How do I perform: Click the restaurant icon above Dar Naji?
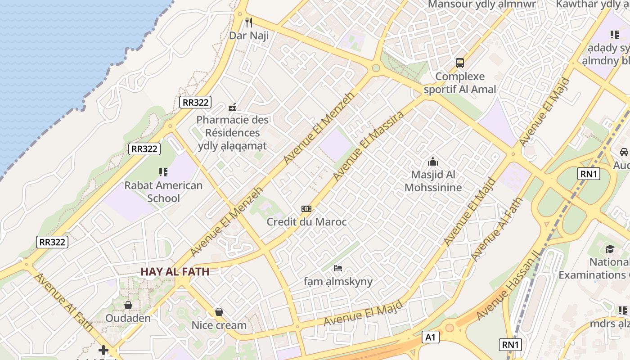[249, 22]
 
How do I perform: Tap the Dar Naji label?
[249, 36]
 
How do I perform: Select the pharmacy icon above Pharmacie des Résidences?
[232, 107]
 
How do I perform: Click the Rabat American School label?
[163, 192]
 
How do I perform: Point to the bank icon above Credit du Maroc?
[306, 209]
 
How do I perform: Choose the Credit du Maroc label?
[306, 222]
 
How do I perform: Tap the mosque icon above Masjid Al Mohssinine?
[433, 161]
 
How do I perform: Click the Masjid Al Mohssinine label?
[433, 181]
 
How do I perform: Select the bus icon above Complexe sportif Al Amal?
[459, 63]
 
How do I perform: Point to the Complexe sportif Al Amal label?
[459, 83]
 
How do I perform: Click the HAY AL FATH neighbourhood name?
[175, 272]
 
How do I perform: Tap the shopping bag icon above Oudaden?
[128, 305]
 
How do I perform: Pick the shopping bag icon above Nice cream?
[219, 312]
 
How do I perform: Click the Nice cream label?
[219, 325]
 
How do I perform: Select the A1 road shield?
[431, 337]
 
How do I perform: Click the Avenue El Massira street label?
[368, 147]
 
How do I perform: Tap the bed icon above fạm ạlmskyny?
[338, 269]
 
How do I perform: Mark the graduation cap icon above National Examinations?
[610, 249]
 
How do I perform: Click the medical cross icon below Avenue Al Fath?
[103, 350]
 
